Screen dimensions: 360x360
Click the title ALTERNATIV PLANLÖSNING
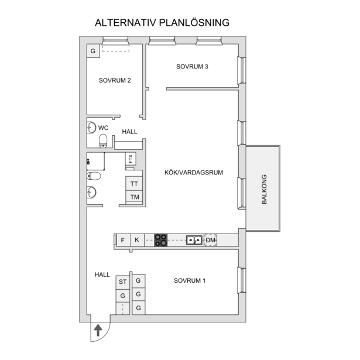(162, 23)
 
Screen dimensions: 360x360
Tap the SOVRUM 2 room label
(115, 80)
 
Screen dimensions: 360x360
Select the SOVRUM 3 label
(192, 67)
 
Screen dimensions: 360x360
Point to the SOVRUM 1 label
(190, 280)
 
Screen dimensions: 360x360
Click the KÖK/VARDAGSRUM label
(194, 173)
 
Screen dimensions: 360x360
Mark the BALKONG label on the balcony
(264, 189)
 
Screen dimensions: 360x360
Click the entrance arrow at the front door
(98, 330)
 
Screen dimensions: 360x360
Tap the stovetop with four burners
(161, 240)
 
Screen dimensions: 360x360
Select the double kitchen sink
(194, 240)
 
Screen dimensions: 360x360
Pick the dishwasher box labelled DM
(211, 240)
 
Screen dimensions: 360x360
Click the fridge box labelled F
(123, 240)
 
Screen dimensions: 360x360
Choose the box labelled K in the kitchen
(137, 240)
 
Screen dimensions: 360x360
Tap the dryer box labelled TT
(134, 184)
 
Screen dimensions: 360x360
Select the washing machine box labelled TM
(134, 197)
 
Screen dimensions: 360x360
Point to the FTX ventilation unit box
(131, 159)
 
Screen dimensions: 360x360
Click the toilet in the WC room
(103, 140)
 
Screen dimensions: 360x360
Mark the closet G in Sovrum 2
(93, 51)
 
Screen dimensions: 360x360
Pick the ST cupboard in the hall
(122, 282)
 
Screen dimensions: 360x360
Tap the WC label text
(103, 128)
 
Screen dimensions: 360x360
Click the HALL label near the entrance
(102, 275)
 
